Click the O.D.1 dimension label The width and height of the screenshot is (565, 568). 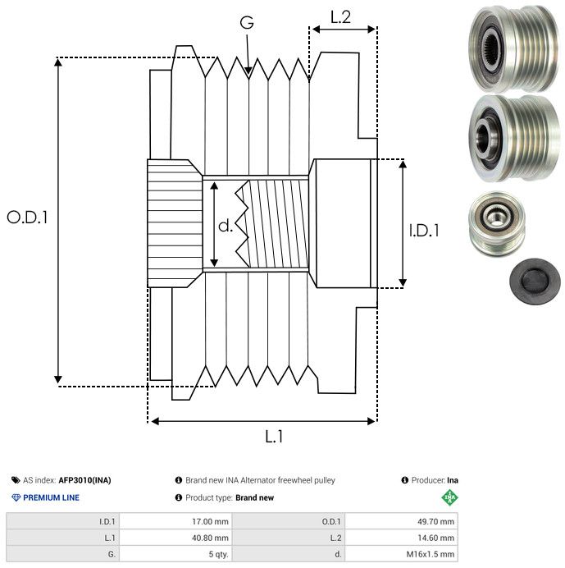click(x=27, y=218)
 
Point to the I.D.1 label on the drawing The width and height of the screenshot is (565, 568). click(x=424, y=231)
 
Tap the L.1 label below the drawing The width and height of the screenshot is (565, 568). click(x=273, y=437)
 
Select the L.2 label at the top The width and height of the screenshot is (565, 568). click(x=340, y=16)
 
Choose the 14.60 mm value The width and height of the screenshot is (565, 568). click(x=431, y=538)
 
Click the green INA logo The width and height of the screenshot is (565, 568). click(x=449, y=497)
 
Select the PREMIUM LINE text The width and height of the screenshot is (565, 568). click(x=51, y=497)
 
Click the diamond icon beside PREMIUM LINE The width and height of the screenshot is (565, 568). click(x=16, y=497)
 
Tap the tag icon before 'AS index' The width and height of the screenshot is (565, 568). click(x=16, y=480)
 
